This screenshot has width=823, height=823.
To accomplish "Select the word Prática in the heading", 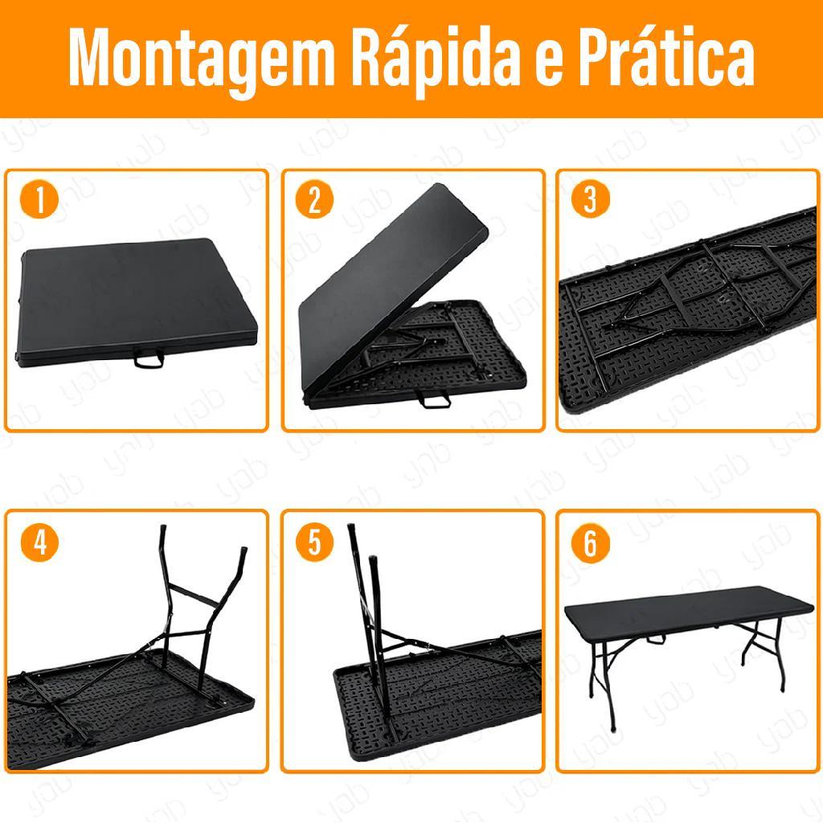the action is point(666,55).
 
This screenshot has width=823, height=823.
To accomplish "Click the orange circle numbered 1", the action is point(39,200).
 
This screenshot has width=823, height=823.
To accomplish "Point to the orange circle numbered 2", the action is point(314,200).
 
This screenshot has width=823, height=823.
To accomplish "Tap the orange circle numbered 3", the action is point(591,200).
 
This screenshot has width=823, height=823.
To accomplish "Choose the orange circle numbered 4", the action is point(39,543).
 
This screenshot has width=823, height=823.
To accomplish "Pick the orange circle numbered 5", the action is point(314,543).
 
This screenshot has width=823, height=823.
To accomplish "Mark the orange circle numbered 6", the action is point(591,543).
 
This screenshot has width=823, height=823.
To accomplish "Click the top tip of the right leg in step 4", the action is point(243,551).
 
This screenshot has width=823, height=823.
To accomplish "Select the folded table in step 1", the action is point(137,302).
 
